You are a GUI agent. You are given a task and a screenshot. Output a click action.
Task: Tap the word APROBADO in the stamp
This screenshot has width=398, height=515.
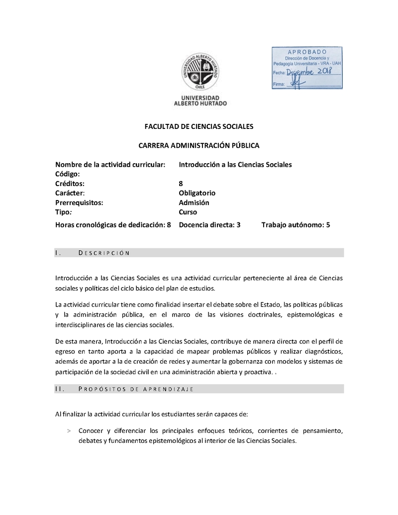click(x=307, y=52)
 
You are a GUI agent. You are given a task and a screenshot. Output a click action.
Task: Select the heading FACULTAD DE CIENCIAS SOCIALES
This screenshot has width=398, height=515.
click(x=199, y=127)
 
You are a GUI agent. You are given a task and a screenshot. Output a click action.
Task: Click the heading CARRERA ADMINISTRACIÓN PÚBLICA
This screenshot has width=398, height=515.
click(x=199, y=146)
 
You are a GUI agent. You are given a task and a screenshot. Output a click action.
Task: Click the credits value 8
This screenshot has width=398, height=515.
click(x=181, y=184)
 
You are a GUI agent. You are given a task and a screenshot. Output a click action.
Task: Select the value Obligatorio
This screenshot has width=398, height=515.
click(x=197, y=193)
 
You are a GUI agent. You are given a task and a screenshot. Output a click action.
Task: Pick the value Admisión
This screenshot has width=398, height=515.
click(x=194, y=203)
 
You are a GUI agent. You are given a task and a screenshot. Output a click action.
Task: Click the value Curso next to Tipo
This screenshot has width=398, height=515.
click(x=188, y=212)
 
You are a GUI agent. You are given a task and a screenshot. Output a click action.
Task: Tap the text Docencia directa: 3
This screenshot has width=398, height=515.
click(x=209, y=225)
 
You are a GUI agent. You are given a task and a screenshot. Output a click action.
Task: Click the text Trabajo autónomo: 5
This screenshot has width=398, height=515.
click(x=296, y=225)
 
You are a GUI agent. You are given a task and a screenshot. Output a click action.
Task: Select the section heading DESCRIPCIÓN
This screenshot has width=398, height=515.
click(x=104, y=253)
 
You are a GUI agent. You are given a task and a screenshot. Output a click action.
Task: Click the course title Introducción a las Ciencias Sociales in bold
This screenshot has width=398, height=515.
click(x=235, y=164)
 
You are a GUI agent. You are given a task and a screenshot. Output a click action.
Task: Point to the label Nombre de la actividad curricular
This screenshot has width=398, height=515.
click(x=110, y=164)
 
